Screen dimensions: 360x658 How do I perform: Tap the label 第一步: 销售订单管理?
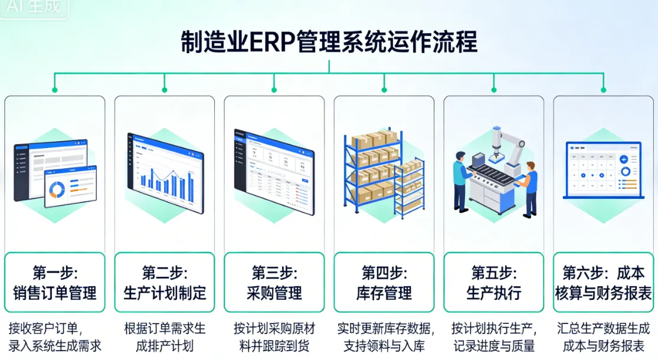[x=55, y=283]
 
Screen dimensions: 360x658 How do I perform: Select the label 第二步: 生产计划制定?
[x=165, y=283]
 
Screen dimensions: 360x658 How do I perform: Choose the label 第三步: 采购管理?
[x=274, y=283]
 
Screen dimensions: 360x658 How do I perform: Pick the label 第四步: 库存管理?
[x=384, y=283]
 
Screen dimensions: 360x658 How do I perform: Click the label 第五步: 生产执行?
[x=494, y=283]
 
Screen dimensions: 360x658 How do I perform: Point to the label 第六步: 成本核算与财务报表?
[x=604, y=283]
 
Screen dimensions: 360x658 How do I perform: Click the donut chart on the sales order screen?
[x=58, y=188]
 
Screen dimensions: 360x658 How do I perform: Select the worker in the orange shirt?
[x=529, y=186]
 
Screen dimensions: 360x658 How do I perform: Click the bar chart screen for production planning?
[x=165, y=171]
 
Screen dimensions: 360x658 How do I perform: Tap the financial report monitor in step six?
[x=603, y=170]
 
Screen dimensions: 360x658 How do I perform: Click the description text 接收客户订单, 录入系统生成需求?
[x=55, y=337]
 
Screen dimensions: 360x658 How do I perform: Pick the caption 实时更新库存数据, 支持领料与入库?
[x=384, y=337]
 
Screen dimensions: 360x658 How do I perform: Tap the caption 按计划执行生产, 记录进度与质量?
[x=494, y=337]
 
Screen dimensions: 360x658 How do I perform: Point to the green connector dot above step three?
[x=274, y=90]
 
